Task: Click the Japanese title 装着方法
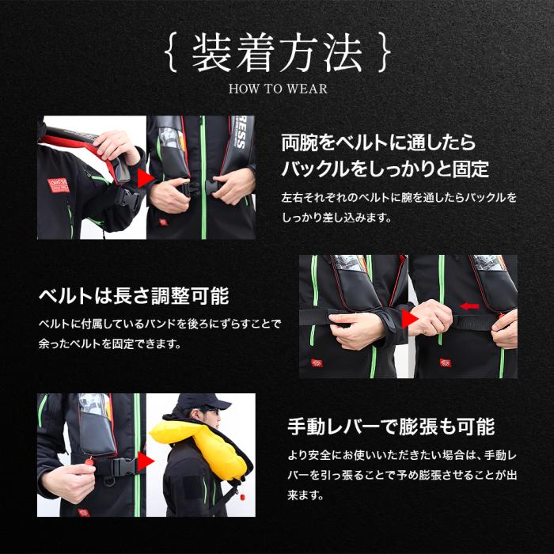[x=277, y=53]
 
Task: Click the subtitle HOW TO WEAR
[x=278, y=89]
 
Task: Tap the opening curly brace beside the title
[x=171, y=52]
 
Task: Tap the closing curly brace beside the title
[x=384, y=52]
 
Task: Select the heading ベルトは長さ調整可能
[x=134, y=296]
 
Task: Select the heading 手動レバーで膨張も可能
[x=391, y=427]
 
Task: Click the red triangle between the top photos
[x=145, y=179]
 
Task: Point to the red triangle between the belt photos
[x=409, y=319]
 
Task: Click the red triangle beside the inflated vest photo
[x=145, y=461]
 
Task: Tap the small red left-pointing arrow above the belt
[x=469, y=306]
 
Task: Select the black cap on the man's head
[x=203, y=401]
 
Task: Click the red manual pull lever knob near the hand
[x=89, y=461]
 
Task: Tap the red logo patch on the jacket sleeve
[x=59, y=185]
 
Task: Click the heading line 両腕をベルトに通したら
[x=378, y=142]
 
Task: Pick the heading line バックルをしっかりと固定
[x=385, y=169]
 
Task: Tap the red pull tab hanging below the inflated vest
[x=242, y=498]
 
